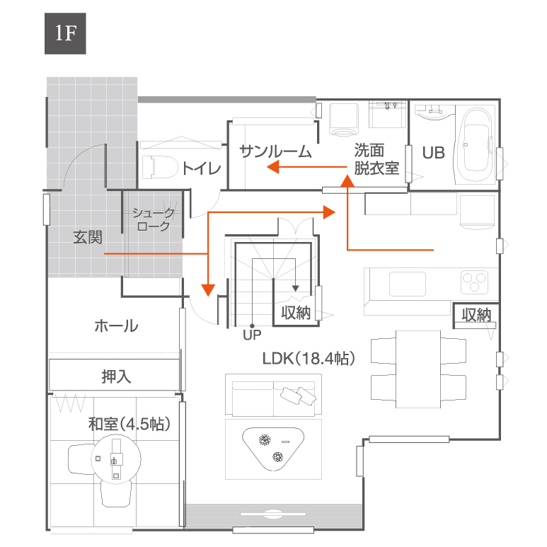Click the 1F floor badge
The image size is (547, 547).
(x=65, y=33)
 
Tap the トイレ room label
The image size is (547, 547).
(x=202, y=168)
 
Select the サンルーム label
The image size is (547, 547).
(x=275, y=151)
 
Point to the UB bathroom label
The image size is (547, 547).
(x=434, y=153)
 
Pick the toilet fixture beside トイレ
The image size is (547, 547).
(x=159, y=167)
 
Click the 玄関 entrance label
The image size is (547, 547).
(x=88, y=238)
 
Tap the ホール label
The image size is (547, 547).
(x=116, y=326)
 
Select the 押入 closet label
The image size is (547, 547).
(x=116, y=376)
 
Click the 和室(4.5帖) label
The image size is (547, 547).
(x=129, y=424)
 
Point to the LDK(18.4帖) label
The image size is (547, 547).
(x=309, y=358)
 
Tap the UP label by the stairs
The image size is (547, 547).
(x=252, y=335)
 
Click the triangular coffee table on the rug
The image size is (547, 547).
(x=273, y=448)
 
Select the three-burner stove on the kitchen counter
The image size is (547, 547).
(x=474, y=282)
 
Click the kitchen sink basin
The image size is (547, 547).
(x=407, y=284)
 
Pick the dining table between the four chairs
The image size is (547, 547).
(x=418, y=369)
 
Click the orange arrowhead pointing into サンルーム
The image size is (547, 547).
(x=273, y=167)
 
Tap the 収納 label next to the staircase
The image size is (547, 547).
(x=296, y=313)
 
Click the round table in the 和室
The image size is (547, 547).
(x=116, y=459)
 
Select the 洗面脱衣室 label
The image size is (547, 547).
(x=376, y=159)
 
